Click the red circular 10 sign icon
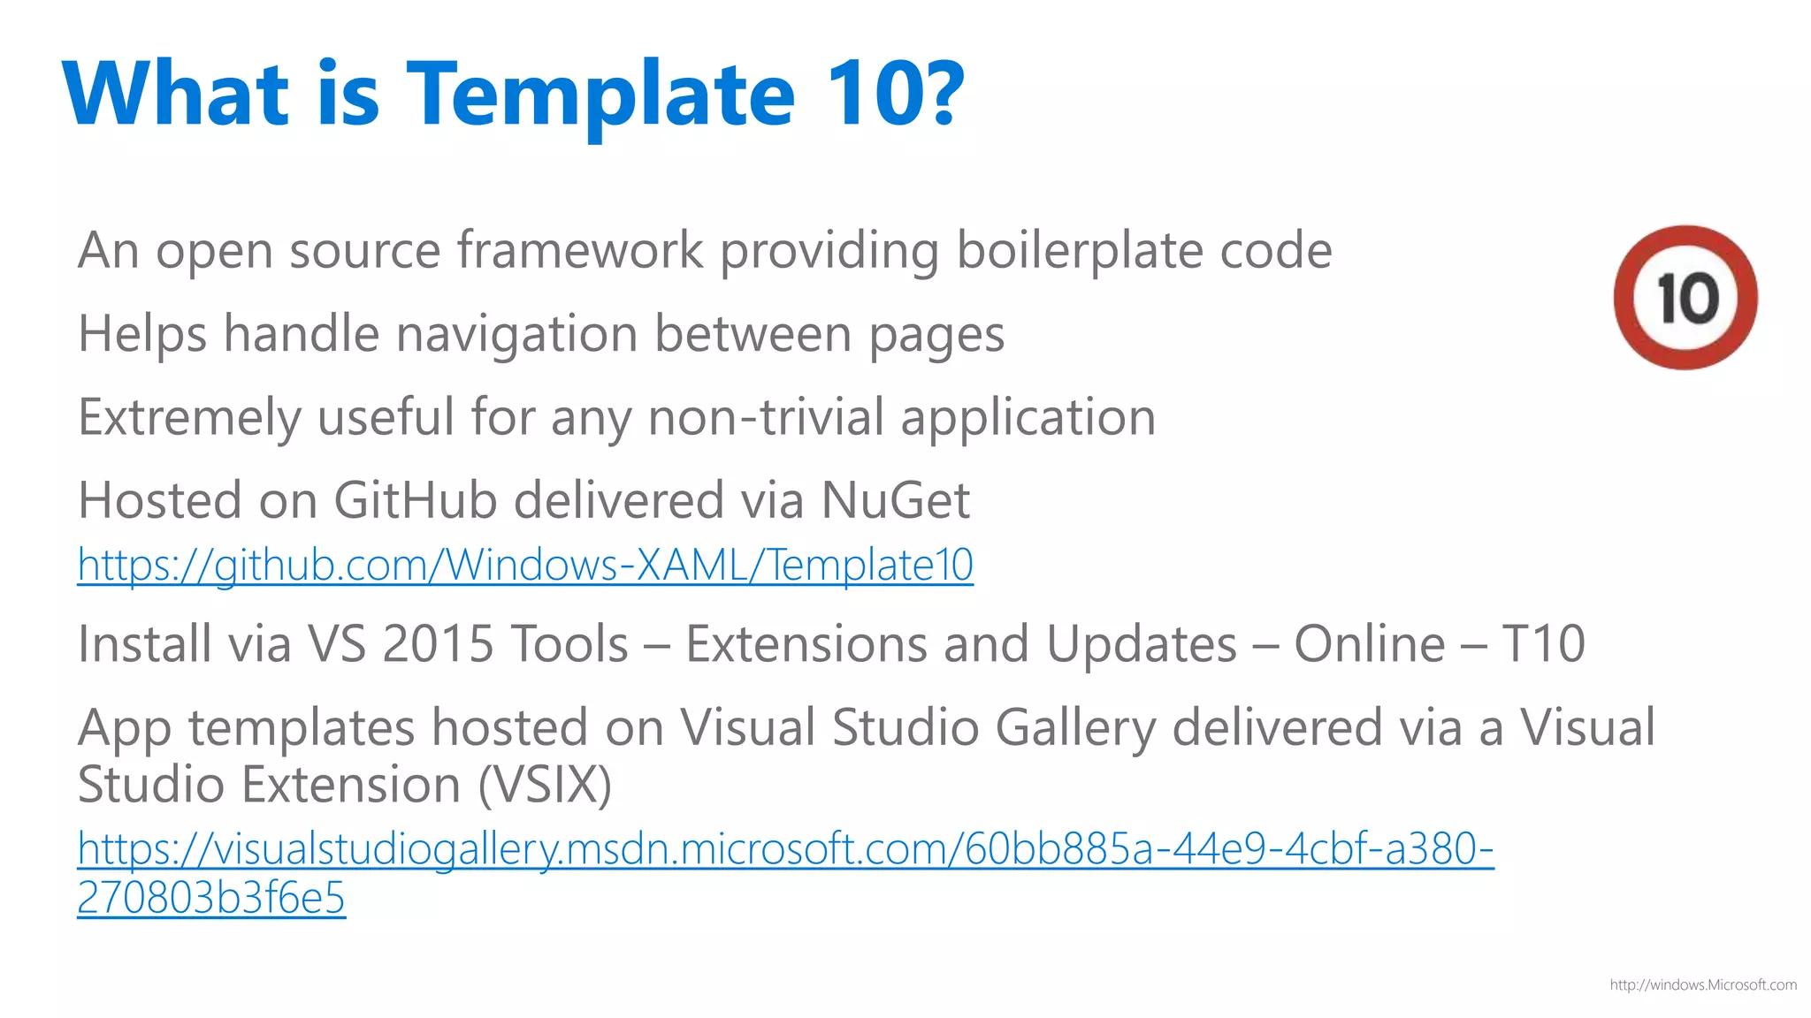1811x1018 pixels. pos(1685,297)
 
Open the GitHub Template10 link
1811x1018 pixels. pos(525,565)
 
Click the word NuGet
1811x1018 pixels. pos(895,500)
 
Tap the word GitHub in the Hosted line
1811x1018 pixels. pos(415,500)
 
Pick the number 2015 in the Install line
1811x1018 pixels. pos(438,643)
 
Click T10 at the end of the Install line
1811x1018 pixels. pos(1543,643)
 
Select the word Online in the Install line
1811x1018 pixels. pos(1369,643)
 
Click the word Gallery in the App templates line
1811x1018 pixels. pos(1075,728)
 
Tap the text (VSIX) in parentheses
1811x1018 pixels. pos(545,785)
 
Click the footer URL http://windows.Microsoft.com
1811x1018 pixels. pos(1702,984)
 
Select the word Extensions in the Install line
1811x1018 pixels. pos(806,643)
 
